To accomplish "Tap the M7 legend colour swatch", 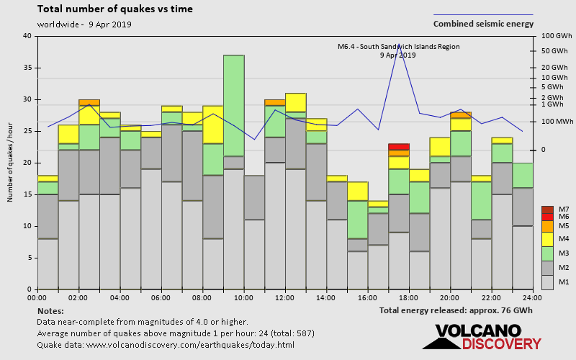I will pos(547,210).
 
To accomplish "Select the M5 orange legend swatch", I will pos(547,225).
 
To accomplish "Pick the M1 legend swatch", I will pos(547,281).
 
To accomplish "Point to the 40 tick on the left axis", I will pos(27,36).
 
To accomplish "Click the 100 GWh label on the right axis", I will pos(556,36).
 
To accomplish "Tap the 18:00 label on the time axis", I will pos(409,297).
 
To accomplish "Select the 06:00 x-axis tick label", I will pos(161,297).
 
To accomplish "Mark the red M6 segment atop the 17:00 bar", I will pos(398,147).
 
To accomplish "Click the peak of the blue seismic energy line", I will pos(399,45).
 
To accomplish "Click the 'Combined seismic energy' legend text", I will pos(483,24).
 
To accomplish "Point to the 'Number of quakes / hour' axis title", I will pos(11,163).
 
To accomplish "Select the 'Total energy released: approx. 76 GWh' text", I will pos(456,310).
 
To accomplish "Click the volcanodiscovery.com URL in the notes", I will pos(191,345).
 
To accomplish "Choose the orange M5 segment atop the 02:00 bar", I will pos(89,102).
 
